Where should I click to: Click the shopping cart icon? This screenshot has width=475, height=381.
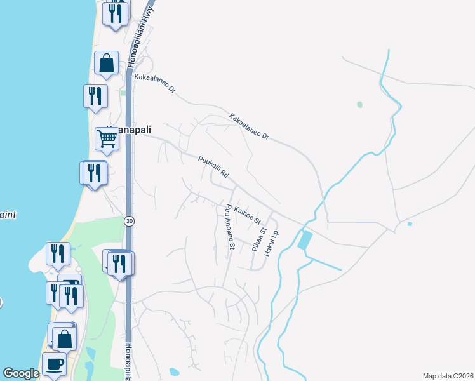pos(107,138)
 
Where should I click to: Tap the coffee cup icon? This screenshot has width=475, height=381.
pos(54,364)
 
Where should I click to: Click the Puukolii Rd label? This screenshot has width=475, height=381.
pos(213,166)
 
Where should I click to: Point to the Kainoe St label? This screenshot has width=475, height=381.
pos(248,214)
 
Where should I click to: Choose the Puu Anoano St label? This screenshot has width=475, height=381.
pos(228,227)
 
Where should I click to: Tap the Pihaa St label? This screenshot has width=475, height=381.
pos(258,238)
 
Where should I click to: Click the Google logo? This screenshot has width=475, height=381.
pos(21,373)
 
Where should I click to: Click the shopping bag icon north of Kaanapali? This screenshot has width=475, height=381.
pos(106,62)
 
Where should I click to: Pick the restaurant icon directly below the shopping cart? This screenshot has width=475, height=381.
pos(95,172)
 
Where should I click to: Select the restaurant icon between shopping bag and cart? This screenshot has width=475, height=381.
pos(95,96)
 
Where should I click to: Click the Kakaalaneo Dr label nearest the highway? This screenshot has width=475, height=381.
pos(155,83)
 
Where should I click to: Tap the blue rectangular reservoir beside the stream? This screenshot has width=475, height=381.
pos(305,240)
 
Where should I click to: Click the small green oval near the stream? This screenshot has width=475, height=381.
pos(360,104)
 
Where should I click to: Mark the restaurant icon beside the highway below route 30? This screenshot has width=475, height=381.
pos(119,263)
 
